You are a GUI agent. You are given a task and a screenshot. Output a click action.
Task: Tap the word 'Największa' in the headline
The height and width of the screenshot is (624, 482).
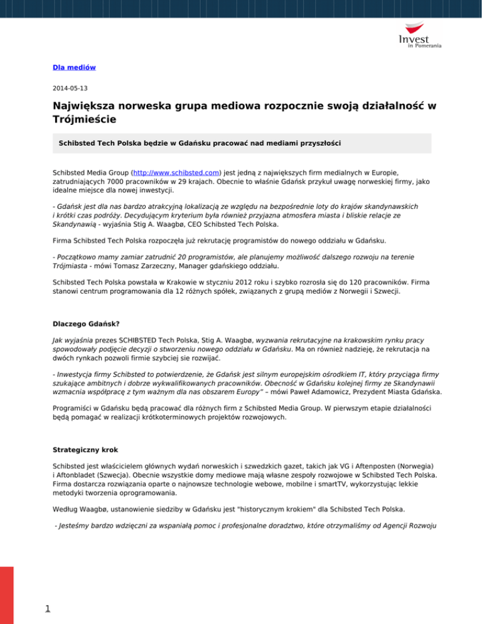click(x=90, y=107)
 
